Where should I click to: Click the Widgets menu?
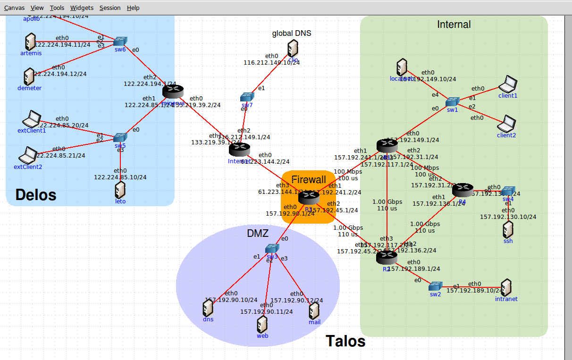82,8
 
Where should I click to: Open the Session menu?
110,8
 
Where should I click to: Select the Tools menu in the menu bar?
57,8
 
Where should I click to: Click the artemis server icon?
31,42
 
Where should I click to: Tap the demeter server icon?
29,76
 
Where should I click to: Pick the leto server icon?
120,190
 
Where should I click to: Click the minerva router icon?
172,91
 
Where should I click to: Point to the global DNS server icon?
293,49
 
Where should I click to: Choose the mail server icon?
314,311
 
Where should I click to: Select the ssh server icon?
508,229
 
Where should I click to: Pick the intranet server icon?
506,287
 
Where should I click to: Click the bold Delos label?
36,194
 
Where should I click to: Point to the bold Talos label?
345,341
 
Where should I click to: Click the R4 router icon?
462,190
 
